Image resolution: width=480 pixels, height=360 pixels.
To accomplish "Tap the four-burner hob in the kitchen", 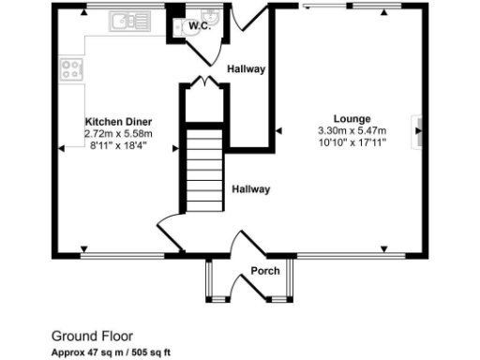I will tap(70, 68).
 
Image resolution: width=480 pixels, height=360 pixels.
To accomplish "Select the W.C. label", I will tap(198, 26).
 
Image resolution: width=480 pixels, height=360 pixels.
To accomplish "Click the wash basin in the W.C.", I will tap(212, 16).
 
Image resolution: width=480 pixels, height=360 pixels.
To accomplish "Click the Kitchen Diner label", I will tap(118, 122).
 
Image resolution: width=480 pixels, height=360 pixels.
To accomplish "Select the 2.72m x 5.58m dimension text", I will tap(118, 134).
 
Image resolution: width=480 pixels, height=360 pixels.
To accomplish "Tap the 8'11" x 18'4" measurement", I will tap(118, 146).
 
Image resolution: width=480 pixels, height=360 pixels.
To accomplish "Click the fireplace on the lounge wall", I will tap(417, 132).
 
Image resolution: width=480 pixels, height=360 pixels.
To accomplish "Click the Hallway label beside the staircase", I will tap(251, 189).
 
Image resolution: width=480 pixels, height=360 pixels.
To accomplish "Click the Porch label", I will tap(264, 272).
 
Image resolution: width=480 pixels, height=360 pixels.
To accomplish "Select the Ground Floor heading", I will tap(92, 335).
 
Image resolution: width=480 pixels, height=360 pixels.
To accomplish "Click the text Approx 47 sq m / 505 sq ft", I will tap(112, 352).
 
